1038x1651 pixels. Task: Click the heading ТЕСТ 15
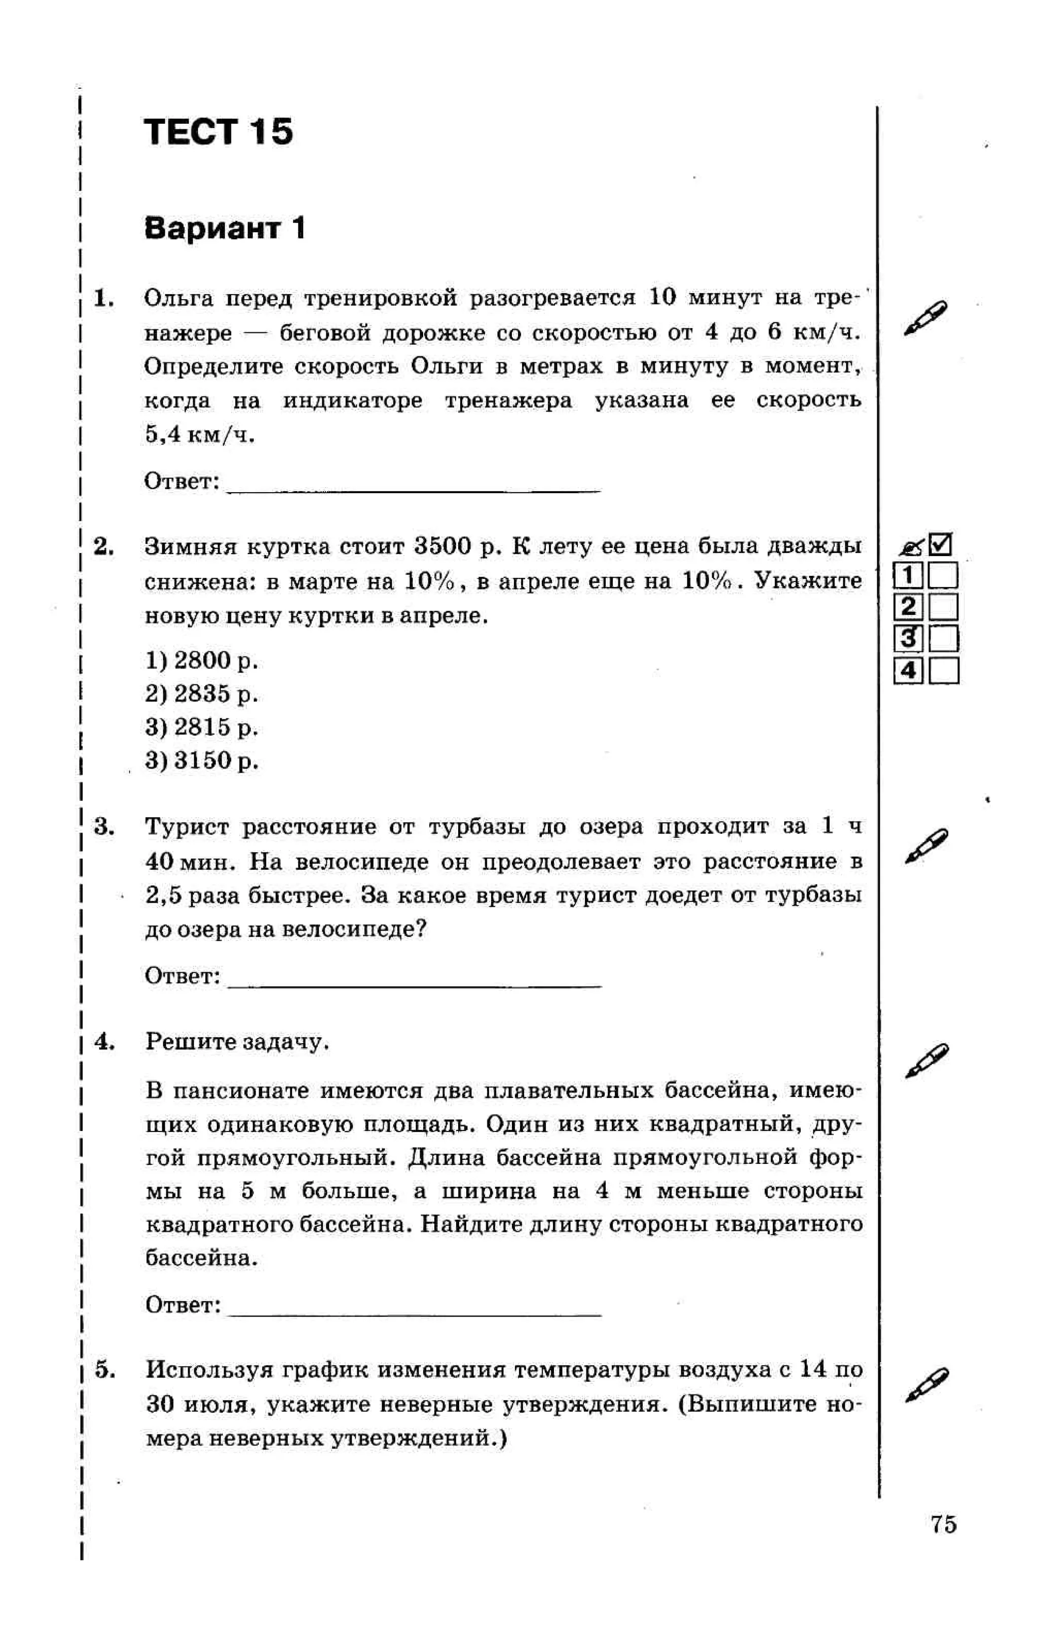[218, 132]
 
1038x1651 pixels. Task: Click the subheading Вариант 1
[224, 228]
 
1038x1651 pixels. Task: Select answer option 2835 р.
[202, 694]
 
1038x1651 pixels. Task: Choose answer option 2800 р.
[202, 661]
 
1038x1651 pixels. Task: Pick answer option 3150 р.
[202, 760]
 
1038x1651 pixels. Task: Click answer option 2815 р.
[202, 727]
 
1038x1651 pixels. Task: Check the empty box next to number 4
[943, 671]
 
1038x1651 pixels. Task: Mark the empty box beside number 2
[943, 607]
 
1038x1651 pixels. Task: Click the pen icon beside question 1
[925, 317]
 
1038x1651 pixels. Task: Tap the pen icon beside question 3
[925, 846]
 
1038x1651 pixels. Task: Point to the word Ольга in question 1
[179, 299]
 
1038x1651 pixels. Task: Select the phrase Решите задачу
[237, 1042]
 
